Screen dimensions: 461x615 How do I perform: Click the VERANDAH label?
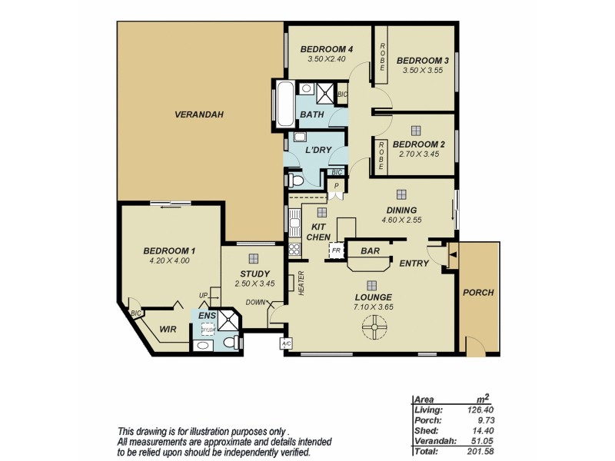pyautogui.click(x=198, y=114)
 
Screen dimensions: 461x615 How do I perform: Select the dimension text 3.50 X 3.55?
pyautogui.click(x=422, y=71)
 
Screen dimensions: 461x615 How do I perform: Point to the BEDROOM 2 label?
pyautogui.click(x=419, y=144)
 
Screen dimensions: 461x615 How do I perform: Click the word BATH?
pyautogui.click(x=311, y=115)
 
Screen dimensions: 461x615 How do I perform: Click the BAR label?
pyautogui.click(x=371, y=250)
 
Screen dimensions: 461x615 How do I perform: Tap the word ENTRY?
pyautogui.click(x=414, y=264)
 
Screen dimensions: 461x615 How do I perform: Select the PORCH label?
pyautogui.click(x=478, y=293)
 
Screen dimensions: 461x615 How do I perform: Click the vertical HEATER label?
pyautogui.click(x=301, y=283)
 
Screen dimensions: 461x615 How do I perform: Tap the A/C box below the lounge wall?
pyautogui.click(x=286, y=343)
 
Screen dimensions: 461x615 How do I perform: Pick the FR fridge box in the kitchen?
pyautogui.click(x=335, y=250)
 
